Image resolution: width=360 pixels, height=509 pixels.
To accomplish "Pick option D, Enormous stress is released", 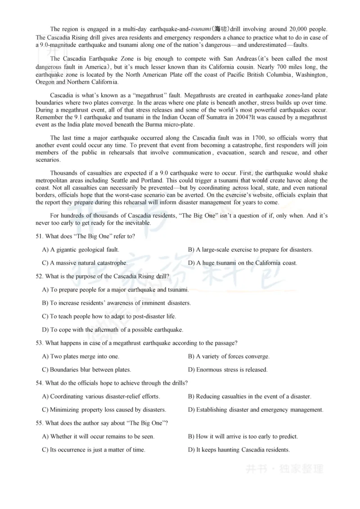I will pyautogui.click(x=228, y=370).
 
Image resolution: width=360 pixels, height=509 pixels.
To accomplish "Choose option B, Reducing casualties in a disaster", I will pyautogui.click(x=250, y=397).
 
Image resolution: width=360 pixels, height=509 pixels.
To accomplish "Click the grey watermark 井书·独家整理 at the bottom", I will pyautogui.click(x=284, y=469).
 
